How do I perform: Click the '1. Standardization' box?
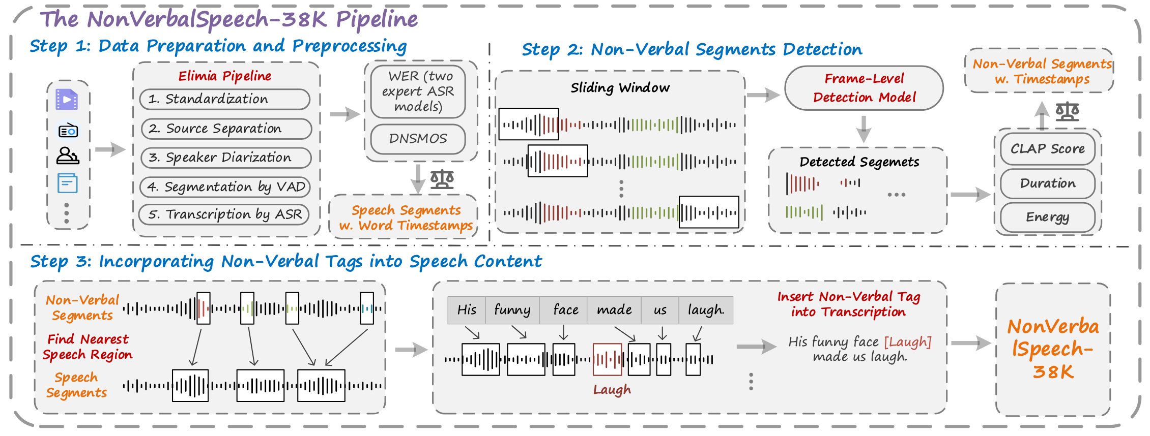tap(225, 99)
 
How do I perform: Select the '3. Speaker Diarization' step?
tap(226, 158)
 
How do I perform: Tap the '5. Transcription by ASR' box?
tap(224, 214)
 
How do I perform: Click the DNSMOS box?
tap(418, 139)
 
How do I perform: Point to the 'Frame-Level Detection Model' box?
tap(864, 88)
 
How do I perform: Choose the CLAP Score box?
tap(1048, 149)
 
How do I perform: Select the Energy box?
tap(1048, 217)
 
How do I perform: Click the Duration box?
tap(1048, 183)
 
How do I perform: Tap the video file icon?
tap(67, 100)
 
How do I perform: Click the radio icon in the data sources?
tap(68, 131)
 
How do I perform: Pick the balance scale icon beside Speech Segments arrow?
tap(442, 179)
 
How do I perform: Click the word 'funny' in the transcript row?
tap(512, 310)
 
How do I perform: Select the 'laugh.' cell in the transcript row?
tap(706, 310)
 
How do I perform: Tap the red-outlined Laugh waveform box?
tap(608, 360)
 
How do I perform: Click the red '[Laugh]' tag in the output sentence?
tap(908, 342)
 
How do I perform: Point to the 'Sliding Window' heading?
tap(620, 88)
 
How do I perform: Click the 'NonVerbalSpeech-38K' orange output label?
tap(1053, 349)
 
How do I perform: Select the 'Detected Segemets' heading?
tap(859, 162)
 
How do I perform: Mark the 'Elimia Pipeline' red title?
tap(225, 76)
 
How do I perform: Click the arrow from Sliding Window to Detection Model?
tap(763, 95)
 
